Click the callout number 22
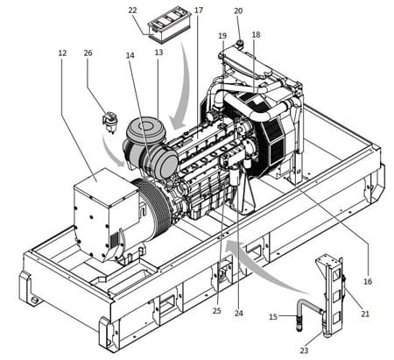tap(132, 11)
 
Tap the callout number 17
tap(199, 11)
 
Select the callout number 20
tap(238, 11)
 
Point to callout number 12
tap(62, 53)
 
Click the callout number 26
tap(88, 53)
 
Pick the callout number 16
tap(368, 281)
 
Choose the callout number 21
tap(365, 314)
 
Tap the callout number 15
tap(273, 317)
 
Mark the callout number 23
tap(304, 350)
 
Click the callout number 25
tap(217, 311)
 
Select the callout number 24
tap(239, 314)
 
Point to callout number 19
tap(222, 36)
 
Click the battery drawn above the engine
tap(170, 25)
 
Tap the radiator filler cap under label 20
tap(240, 44)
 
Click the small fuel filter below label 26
tap(109, 123)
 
